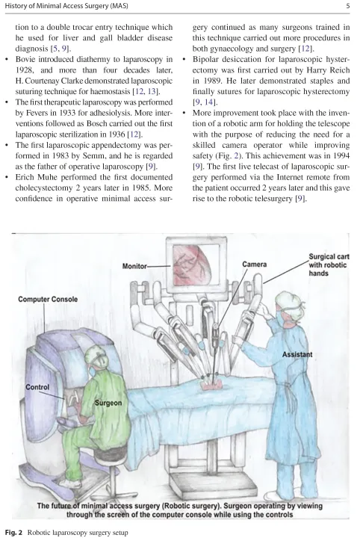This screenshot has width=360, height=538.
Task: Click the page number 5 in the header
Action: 347,6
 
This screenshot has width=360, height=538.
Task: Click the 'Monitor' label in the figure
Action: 134,266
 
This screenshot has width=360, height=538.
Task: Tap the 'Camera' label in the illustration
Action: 255,265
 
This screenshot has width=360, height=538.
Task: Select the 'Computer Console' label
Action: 48,299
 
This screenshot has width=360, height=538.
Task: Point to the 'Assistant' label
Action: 297,354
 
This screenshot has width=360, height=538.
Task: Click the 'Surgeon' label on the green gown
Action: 108,403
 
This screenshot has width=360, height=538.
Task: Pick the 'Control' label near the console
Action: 37,387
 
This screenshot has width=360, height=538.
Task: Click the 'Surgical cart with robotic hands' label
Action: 329,265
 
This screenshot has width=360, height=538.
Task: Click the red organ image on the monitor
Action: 191,266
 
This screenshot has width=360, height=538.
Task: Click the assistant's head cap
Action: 289,301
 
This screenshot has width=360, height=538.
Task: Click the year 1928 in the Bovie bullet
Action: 25,70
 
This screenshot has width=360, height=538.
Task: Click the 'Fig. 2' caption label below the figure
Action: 13,533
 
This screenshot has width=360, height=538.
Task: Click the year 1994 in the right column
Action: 341,155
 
